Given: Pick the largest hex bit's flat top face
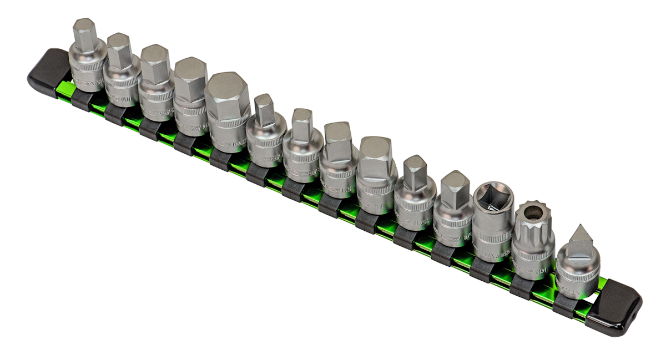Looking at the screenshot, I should [226, 88].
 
